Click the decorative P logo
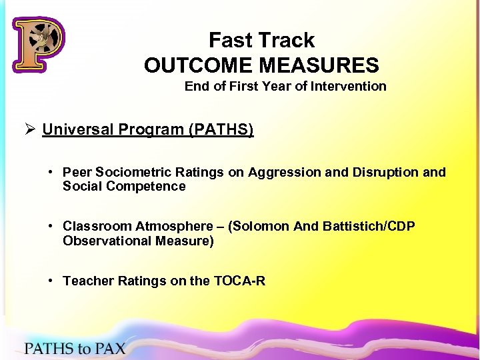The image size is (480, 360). tap(38, 43)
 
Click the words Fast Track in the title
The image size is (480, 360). tap(261, 41)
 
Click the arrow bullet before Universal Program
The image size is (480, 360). tap(30, 129)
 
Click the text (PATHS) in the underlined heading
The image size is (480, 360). tap(222, 129)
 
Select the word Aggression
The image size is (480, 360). tap(283, 173)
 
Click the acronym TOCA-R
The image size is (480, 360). tap(240, 281)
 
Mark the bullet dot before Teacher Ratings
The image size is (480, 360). tap(51, 281)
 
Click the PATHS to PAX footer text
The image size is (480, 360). tap(75, 347)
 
